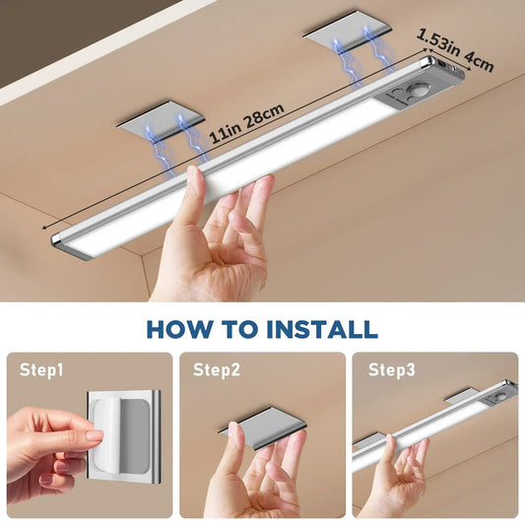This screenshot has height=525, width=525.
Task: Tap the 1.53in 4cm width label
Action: [x=455, y=48]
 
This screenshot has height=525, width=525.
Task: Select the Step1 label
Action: [x=42, y=370]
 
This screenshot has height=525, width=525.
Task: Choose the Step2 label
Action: [x=216, y=370]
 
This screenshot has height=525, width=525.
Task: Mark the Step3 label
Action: [x=391, y=370]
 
